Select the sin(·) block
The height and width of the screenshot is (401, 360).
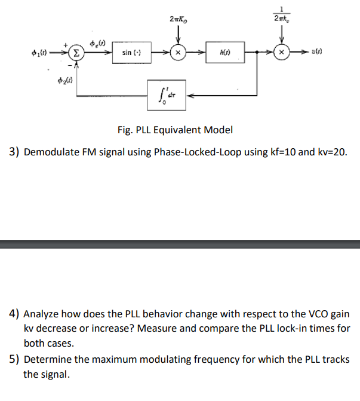[x=131, y=53]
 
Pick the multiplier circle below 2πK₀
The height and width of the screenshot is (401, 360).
[x=177, y=53]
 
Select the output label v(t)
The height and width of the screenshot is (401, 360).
[x=316, y=53]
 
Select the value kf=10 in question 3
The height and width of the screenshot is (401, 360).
[x=281, y=152]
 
